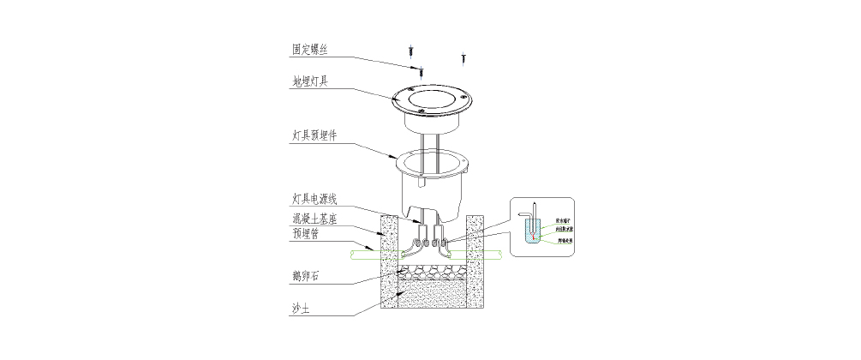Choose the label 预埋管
pos(305,233)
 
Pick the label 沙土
pos(300,309)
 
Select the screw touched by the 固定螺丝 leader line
pos(421,69)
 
